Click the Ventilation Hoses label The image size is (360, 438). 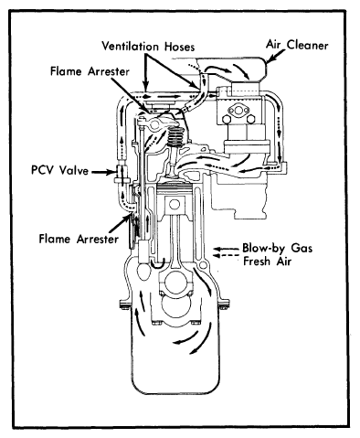[x=148, y=47]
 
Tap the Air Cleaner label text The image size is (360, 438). [x=297, y=45]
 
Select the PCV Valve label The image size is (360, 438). [x=59, y=170]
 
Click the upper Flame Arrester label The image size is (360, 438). [x=90, y=71]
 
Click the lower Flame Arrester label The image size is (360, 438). [x=79, y=239]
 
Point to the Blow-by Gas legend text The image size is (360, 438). [x=277, y=248]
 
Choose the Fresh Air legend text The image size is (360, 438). [x=267, y=262]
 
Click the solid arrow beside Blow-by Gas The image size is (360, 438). [x=226, y=249]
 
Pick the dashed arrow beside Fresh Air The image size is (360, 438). [x=226, y=256]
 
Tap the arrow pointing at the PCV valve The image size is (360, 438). [x=102, y=172]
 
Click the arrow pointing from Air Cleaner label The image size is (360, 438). [x=276, y=56]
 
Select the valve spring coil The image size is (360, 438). [x=174, y=137]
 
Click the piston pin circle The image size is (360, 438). [x=175, y=204]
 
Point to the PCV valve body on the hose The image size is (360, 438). [x=121, y=173]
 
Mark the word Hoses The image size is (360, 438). [x=180, y=47]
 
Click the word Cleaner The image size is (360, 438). [x=308, y=45]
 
